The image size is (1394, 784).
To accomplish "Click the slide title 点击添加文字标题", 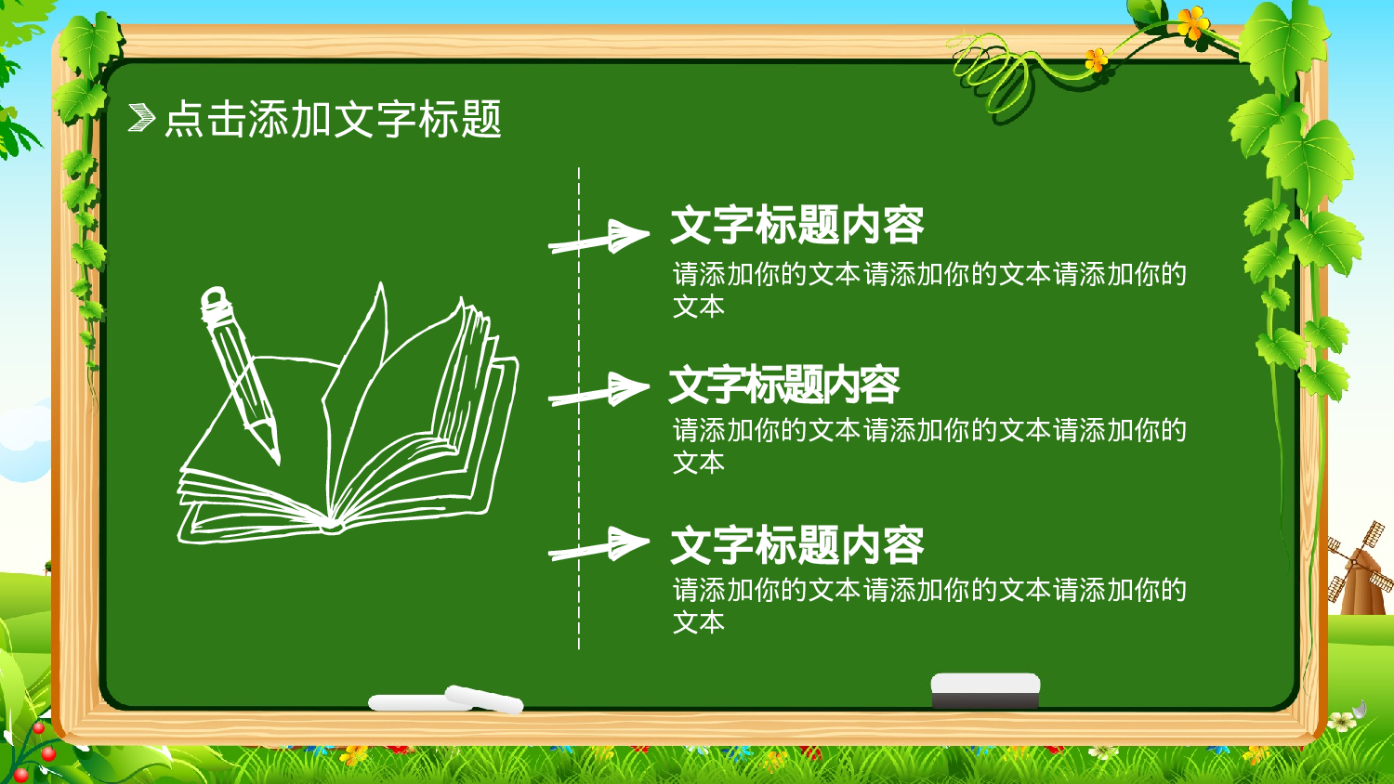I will click(x=333, y=120).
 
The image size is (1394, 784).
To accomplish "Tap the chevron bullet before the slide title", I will click(x=141, y=118).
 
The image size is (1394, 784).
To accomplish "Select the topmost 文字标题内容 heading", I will click(x=796, y=225).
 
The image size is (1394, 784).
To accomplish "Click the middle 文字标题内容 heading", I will click(x=783, y=385).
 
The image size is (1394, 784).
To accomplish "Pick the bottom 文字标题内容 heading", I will click(x=796, y=545).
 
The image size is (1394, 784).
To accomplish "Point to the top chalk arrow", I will click(x=599, y=238).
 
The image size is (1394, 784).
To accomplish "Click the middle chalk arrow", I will click(x=599, y=390).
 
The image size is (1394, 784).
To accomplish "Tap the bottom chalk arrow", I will click(x=599, y=544).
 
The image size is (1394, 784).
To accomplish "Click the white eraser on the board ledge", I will click(x=985, y=690).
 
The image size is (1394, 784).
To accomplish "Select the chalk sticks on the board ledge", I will click(x=446, y=700).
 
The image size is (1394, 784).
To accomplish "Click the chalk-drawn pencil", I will click(x=240, y=372).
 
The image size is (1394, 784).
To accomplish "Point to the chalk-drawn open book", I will click(x=372, y=437).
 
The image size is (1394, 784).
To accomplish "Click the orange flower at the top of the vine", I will click(x=1192, y=22).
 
